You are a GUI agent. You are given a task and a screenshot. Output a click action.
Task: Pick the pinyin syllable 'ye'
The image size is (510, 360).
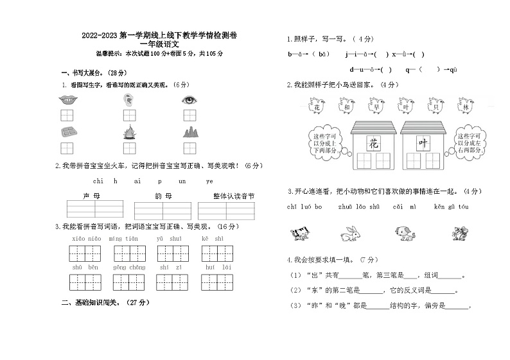pos(209,182)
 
